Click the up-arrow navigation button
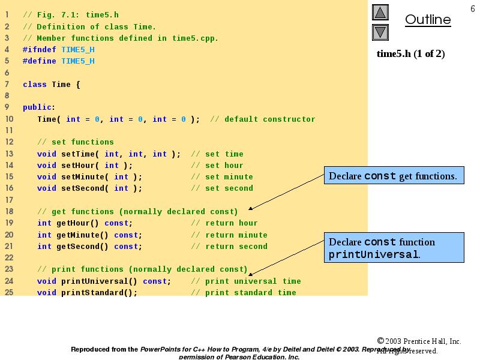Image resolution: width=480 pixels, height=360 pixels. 380,13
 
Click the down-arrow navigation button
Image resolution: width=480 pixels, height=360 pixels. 380,32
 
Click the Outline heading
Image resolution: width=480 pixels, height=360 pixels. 428,20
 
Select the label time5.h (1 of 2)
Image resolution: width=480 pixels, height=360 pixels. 410,54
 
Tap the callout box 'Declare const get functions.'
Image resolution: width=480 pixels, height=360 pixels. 394,176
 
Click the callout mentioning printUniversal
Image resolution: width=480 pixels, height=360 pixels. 394,248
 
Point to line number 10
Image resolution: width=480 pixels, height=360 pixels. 9,119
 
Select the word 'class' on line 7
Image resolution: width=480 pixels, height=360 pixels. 35,85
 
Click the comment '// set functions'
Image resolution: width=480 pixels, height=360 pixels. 76,142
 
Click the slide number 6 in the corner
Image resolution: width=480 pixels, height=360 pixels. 472,7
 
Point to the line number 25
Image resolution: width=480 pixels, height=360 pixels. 9,292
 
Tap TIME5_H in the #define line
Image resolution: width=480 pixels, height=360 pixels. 78,61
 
